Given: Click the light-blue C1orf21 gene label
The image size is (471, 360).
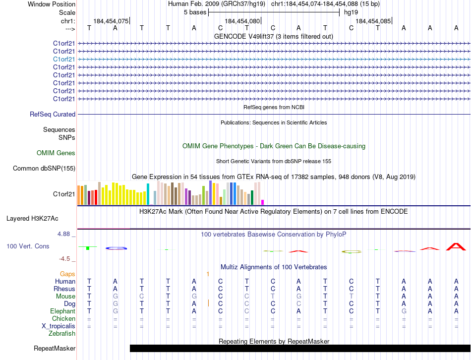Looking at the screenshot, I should point(64,59).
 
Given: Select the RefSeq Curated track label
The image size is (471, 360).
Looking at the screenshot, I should point(53,114).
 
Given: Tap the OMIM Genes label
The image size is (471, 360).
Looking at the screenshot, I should point(56,153).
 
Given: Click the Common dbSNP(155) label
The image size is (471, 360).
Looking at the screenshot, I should point(44,169).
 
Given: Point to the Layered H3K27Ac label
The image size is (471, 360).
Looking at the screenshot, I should point(32,218).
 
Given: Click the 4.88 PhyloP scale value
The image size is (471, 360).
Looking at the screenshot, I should point(64,234).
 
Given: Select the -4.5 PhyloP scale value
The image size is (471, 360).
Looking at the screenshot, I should point(65,259).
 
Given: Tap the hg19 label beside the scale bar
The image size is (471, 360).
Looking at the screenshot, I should point(351,12).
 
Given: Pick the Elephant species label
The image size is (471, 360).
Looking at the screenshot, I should point(63,311).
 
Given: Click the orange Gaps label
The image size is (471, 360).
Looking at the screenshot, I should point(67,274).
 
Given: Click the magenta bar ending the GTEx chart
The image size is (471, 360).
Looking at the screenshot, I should point(262,202).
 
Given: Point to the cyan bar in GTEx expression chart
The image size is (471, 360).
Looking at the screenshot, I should point(148,194).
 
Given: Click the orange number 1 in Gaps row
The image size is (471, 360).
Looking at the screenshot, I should point(208,274).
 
